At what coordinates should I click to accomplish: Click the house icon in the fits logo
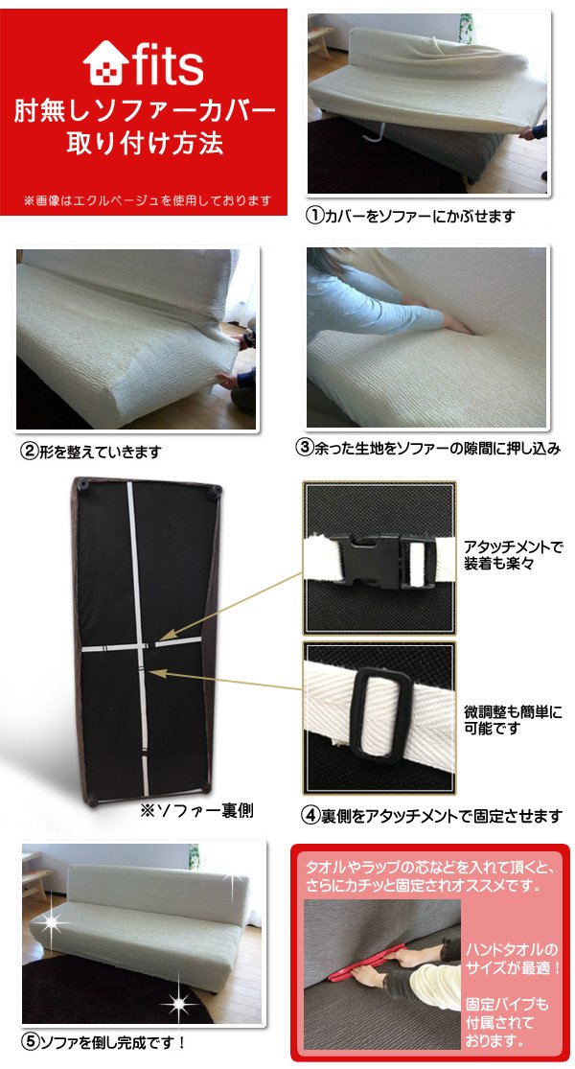point(105,63)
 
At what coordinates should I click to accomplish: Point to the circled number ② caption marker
point(28,452)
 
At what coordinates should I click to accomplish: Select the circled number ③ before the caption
point(304,448)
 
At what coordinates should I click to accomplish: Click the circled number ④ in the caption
point(311,815)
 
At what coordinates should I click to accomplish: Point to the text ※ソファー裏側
point(196,810)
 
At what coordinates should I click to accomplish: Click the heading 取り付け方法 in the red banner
point(145,143)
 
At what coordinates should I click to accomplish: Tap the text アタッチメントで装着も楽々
point(513,556)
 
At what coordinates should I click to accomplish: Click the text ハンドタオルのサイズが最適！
point(513,959)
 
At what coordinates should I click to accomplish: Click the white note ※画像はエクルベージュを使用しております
point(148,200)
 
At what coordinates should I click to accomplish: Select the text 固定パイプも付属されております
point(508,1023)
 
